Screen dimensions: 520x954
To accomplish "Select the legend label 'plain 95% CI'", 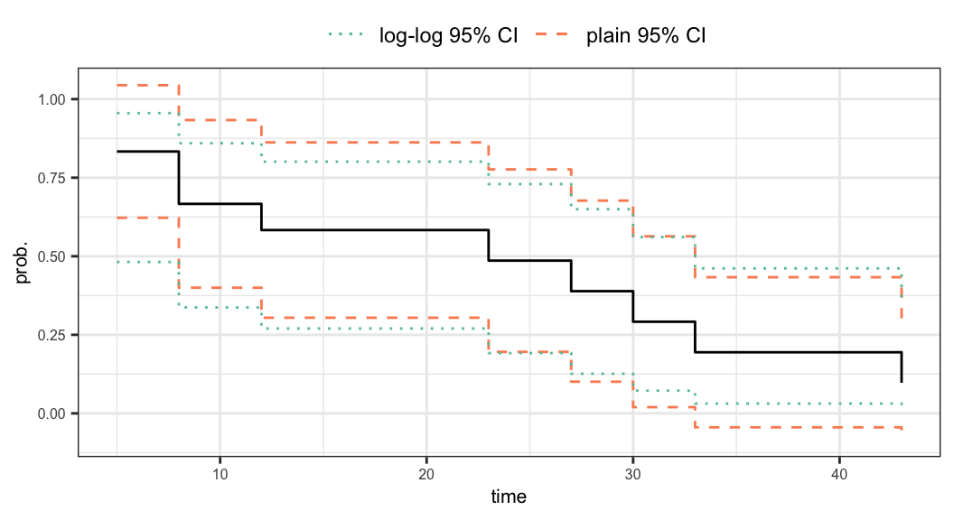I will tap(646, 36).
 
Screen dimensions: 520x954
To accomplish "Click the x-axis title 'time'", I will tap(509, 497).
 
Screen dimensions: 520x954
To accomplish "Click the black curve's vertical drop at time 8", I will tap(179, 178).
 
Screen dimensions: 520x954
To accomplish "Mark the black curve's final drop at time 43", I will tap(902, 367).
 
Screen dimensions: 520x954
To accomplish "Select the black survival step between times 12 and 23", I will tap(375, 230).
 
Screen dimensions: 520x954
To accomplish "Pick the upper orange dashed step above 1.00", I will tap(148, 86).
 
